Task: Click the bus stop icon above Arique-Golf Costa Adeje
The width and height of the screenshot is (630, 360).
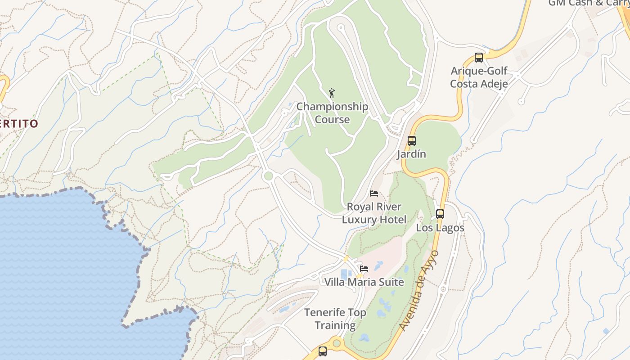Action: tap(479, 58)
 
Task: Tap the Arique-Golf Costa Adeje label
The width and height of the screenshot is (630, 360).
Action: tap(479, 77)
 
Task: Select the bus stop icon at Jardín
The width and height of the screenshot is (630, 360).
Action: tap(412, 141)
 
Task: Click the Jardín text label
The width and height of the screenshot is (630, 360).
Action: tap(411, 154)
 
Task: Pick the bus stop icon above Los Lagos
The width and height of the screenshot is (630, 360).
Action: tap(440, 214)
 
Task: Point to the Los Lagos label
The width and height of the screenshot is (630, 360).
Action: tap(440, 228)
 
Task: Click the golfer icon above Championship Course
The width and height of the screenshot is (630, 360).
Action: tap(332, 93)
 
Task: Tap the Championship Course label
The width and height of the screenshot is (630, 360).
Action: tap(332, 113)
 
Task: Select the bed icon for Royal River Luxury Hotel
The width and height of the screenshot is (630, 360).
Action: tap(374, 193)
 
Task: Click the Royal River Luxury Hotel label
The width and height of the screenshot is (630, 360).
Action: tap(374, 213)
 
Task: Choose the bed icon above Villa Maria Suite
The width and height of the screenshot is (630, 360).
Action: tap(364, 269)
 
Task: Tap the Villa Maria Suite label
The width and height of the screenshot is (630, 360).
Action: tap(364, 282)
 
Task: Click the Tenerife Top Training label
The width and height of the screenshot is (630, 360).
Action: tap(335, 319)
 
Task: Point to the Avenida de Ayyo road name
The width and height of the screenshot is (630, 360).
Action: tap(418, 290)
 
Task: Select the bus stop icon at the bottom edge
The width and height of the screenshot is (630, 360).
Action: tap(323, 351)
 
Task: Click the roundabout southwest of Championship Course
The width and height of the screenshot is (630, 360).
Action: tap(268, 176)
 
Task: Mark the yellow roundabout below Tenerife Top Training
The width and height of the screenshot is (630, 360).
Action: tap(337, 343)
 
